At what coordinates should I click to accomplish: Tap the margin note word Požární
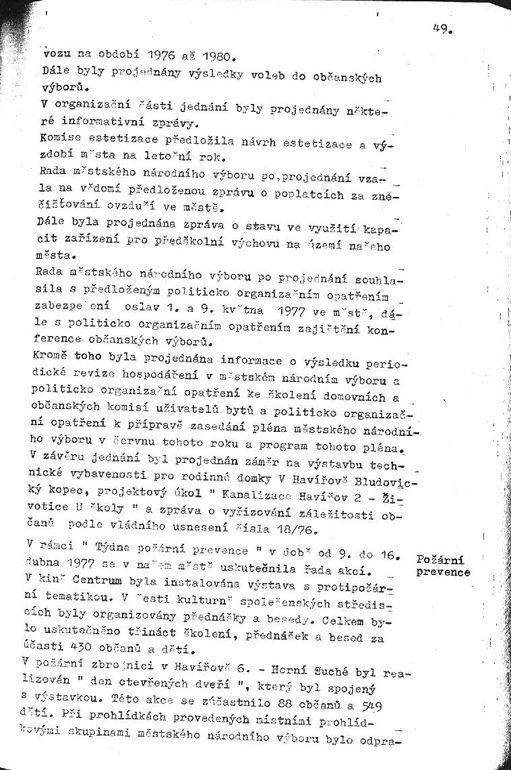click(x=441, y=559)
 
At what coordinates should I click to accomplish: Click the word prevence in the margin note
click(x=444, y=572)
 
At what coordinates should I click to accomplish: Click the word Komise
click(x=61, y=138)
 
